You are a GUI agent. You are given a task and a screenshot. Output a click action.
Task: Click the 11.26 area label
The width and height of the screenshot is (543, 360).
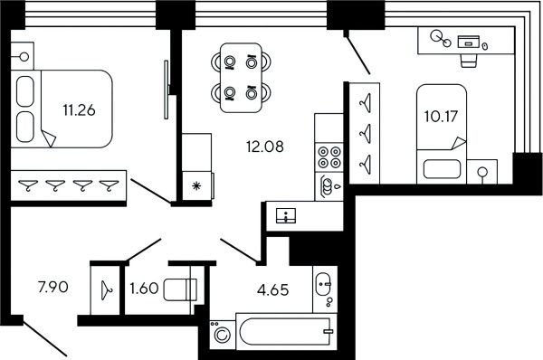point(79,110)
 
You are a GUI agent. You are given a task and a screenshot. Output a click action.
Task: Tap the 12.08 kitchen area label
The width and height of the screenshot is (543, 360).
point(265,147)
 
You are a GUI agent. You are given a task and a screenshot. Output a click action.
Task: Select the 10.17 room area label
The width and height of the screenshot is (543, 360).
point(441,117)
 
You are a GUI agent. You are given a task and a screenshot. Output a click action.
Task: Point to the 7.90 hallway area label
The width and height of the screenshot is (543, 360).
point(53,287)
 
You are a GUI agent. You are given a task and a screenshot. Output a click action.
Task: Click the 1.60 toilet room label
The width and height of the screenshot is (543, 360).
point(144,288)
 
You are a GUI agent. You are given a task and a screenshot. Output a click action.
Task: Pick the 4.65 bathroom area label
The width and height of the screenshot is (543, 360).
point(273,289)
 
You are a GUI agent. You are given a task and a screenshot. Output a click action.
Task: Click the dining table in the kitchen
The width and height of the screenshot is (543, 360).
point(241,78)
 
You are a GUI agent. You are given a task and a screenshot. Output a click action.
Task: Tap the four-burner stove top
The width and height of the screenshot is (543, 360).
point(329,157)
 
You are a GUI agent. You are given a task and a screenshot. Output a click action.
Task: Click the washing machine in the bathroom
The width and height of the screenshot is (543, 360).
point(223,335)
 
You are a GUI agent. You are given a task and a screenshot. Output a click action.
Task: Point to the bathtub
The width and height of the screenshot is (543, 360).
point(286,331)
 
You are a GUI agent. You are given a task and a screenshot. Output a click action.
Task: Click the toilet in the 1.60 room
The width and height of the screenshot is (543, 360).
point(180,289)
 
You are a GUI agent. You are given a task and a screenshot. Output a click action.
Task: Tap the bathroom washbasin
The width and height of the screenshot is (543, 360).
point(323,284)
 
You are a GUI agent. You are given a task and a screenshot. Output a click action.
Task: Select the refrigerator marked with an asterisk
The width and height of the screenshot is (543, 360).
point(196,186)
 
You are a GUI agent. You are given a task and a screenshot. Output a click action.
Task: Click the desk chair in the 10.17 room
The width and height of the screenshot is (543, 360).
point(469,61)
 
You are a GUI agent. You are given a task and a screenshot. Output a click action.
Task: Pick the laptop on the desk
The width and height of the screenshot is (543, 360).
point(469,42)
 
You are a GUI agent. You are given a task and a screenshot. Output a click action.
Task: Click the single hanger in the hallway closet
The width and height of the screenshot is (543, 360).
point(106,290)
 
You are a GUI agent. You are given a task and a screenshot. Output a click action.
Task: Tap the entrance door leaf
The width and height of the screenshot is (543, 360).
point(44,339)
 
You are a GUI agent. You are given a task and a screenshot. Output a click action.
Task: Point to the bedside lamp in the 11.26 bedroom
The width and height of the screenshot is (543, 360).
point(24,56)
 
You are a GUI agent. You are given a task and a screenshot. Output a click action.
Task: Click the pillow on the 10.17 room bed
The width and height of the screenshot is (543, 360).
point(442,169)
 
